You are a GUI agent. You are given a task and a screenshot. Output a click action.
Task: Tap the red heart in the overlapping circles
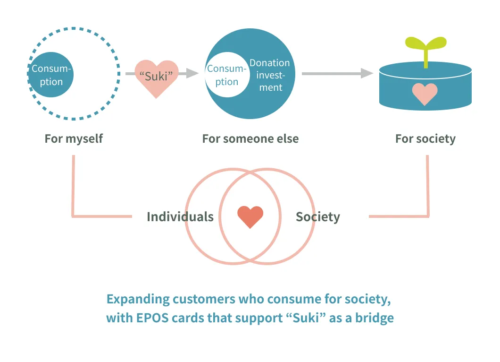pos(250,217)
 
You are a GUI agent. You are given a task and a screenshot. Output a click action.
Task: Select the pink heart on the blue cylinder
pos(425,94)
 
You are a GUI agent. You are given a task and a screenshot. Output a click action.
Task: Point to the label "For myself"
pos(74,138)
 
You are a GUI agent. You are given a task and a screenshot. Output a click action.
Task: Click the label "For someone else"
pos(250,138)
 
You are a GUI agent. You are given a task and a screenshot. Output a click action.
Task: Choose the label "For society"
pos(425,138)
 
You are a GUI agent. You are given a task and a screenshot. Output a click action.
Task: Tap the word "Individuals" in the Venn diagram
pos(180,217)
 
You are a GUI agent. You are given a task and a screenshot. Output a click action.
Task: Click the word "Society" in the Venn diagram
pos(317,217)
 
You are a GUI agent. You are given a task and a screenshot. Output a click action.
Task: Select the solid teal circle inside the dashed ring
pos(51,75)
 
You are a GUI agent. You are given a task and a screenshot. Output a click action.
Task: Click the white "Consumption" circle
pos(226,75)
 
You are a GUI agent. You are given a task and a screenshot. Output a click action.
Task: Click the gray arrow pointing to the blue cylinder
pos(337,73)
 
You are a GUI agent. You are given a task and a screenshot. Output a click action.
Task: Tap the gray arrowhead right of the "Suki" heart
pos(191,73)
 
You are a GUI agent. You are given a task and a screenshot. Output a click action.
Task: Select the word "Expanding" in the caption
pos(137,299)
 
